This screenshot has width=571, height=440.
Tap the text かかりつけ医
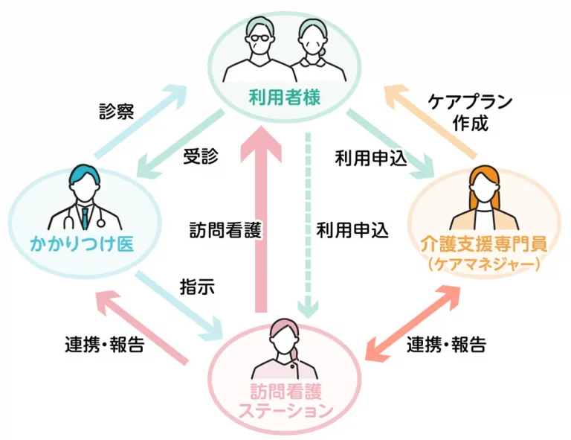click(82, 243)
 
